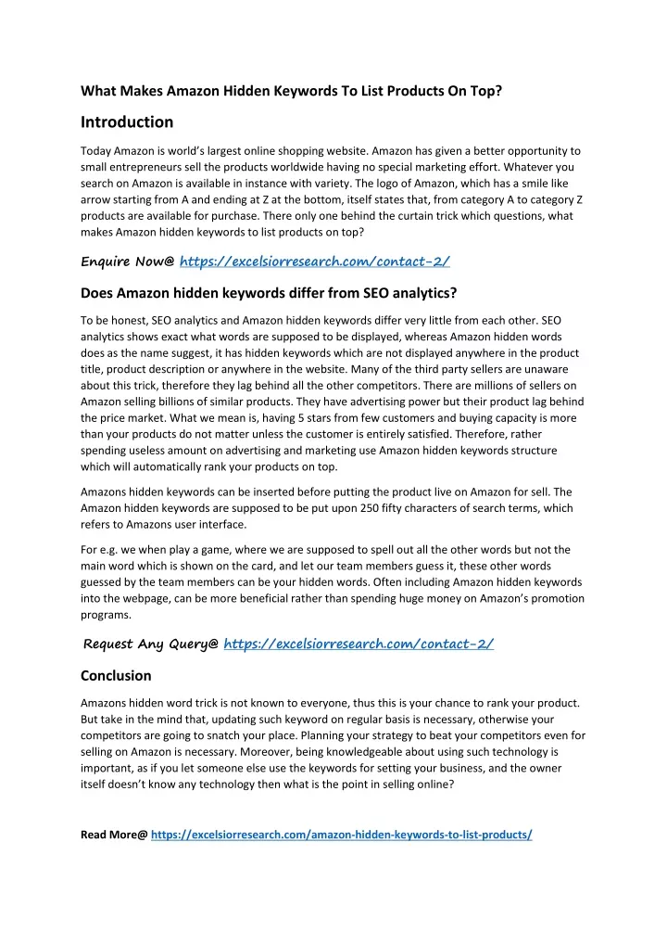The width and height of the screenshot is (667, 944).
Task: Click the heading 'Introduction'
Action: (x=127, y=121)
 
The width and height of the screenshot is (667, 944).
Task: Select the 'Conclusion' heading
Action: (x=116, y=675)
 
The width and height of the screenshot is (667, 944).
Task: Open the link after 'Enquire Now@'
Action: (x=314, y=262)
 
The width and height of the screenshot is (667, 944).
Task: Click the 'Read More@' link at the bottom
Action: (x=341, y=834)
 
